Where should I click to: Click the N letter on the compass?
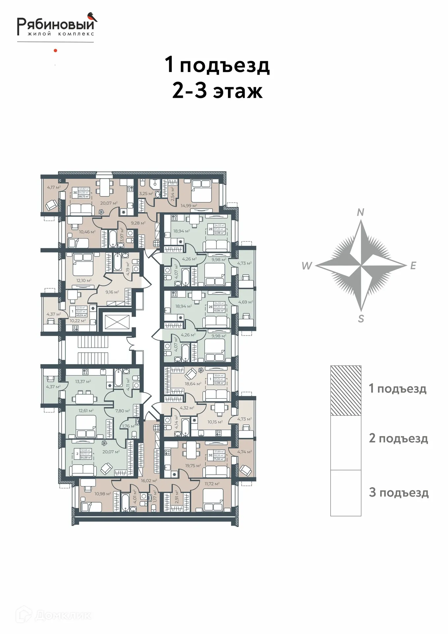361,212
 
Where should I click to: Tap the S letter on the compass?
361,319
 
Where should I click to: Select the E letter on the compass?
413,265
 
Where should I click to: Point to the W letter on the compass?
306,265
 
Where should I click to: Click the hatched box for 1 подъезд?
346,390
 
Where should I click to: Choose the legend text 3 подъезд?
399,492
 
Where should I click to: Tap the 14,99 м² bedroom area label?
189,205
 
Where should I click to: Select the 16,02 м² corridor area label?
149,480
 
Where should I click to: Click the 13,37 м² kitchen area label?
83,381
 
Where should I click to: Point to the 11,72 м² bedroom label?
212,484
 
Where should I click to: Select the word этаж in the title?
238,91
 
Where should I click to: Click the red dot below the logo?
55,51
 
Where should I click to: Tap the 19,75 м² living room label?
193,466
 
